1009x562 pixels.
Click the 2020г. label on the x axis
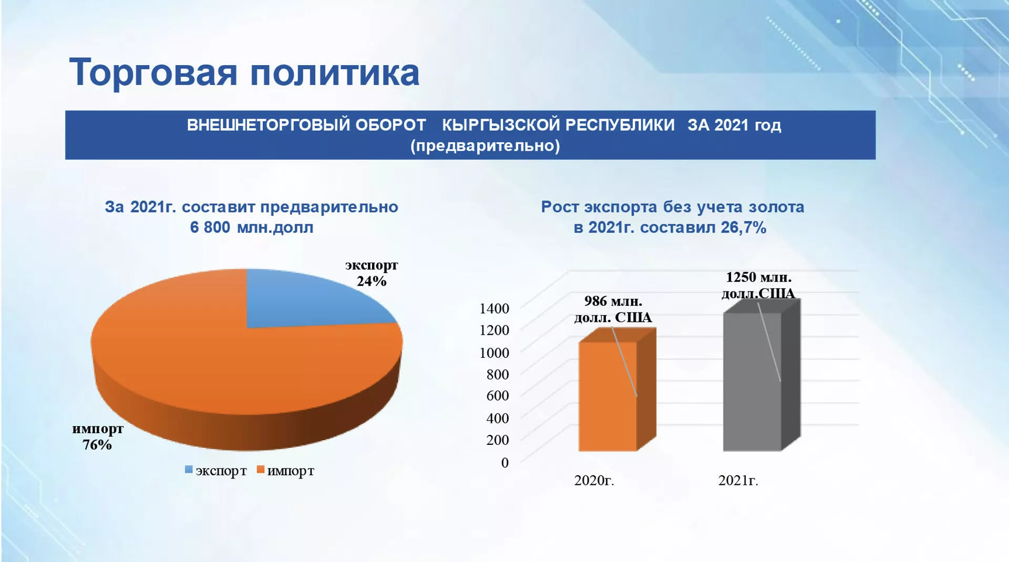(594, 481)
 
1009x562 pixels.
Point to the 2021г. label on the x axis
(738, 481)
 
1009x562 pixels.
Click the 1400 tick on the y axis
(494, 308)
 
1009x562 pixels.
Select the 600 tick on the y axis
(498, 396)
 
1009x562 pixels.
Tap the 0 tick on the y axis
(505, 463)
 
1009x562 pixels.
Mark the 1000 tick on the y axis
(494, 352)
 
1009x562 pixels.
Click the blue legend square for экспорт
(189, 470)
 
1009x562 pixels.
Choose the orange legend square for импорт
(260, 470)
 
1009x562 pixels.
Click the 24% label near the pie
(372, 282)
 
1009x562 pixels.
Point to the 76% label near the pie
(97, 445)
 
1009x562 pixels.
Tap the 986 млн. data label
(613, 301)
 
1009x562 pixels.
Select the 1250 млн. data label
(758, 277)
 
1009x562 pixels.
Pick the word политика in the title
(334, 72)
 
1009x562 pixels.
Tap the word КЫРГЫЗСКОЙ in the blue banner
(558, 125)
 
